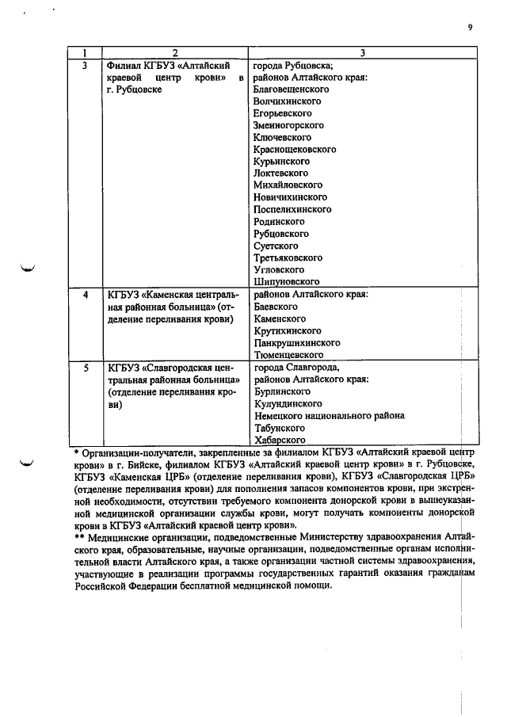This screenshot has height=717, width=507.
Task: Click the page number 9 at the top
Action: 470,27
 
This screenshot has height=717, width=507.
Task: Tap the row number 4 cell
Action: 86,295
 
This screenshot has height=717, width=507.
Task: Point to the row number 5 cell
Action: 86,368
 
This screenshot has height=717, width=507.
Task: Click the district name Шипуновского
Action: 286,281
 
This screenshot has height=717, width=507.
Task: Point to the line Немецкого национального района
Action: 329,415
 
